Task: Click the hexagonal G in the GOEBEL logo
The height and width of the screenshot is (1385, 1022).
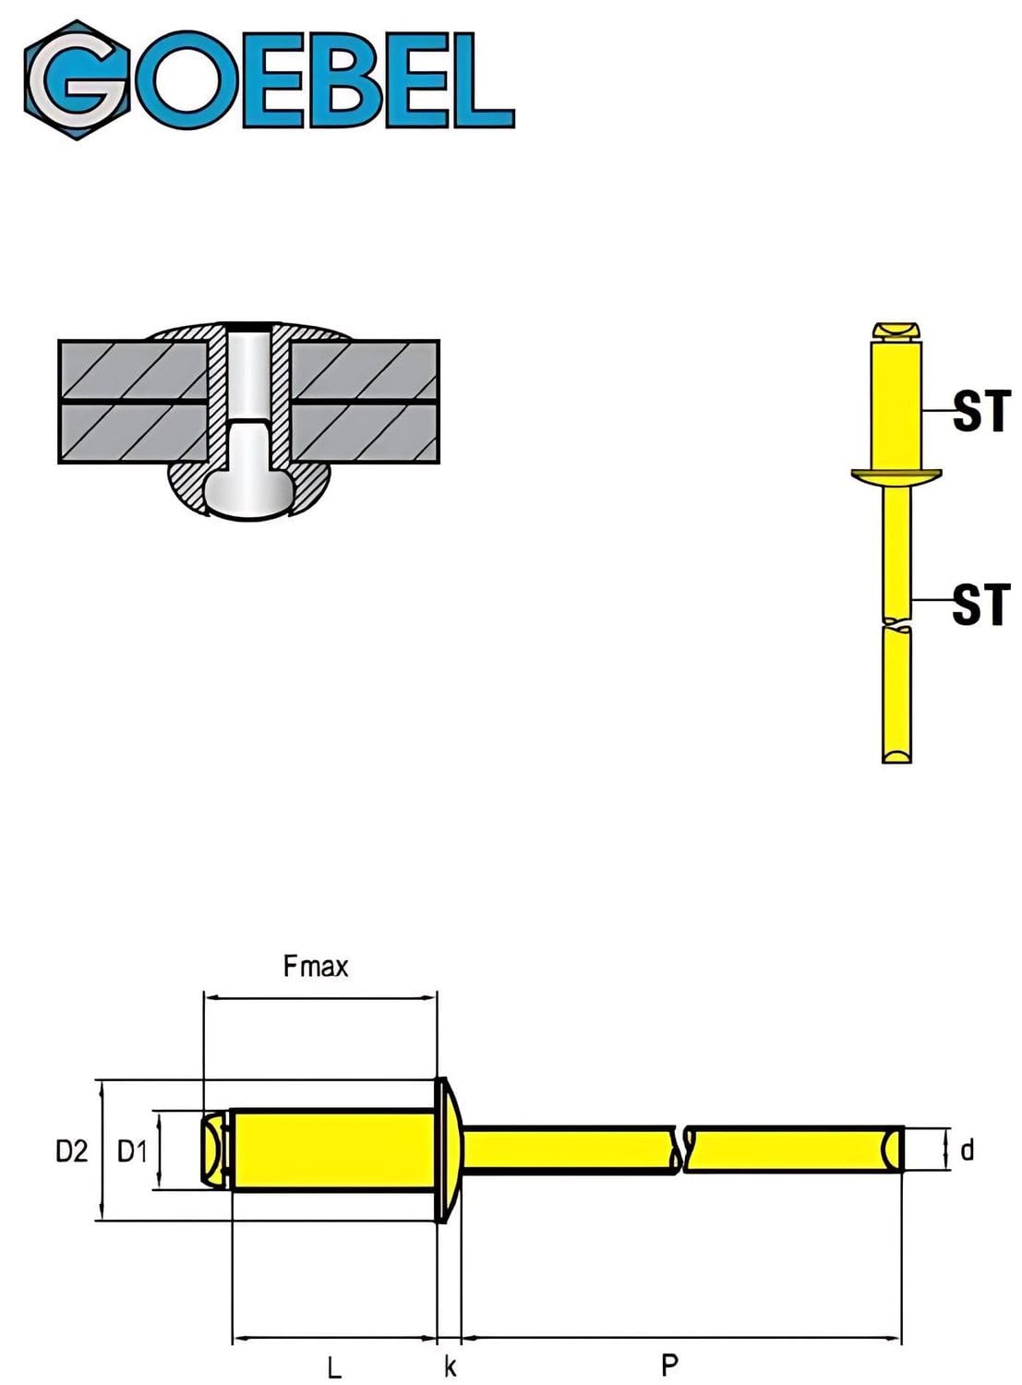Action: [77, 79]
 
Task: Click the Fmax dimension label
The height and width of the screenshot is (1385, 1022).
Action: [315, 967]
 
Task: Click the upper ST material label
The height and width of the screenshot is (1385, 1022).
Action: [981, 410]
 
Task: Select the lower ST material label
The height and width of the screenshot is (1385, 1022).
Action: [980, 604]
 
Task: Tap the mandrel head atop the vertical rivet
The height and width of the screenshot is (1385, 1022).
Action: [897, 332]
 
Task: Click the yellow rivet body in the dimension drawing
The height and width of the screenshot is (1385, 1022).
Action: [332, 1149]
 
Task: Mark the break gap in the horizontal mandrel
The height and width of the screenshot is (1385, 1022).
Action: [680, 1150]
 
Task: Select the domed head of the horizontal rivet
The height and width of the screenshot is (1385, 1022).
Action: [449, 1150]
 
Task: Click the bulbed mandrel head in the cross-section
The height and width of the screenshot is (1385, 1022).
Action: [249, 481]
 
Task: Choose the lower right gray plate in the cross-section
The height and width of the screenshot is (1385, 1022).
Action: [366, 433]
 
